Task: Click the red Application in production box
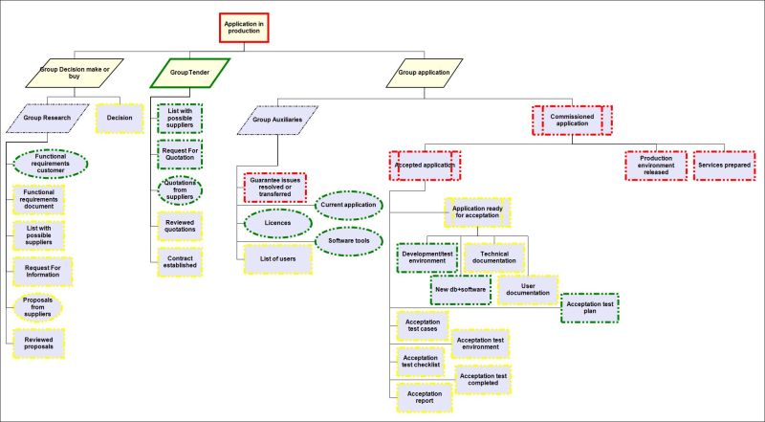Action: click(247, 29)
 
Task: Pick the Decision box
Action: click(120, 118)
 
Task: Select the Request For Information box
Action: click(39, 272)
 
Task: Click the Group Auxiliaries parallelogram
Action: click(276, 122)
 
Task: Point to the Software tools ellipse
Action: click(349, 242)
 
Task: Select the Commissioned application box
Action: click(573, 120)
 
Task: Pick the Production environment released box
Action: click(656, 165)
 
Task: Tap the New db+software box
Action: click(460, 290)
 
